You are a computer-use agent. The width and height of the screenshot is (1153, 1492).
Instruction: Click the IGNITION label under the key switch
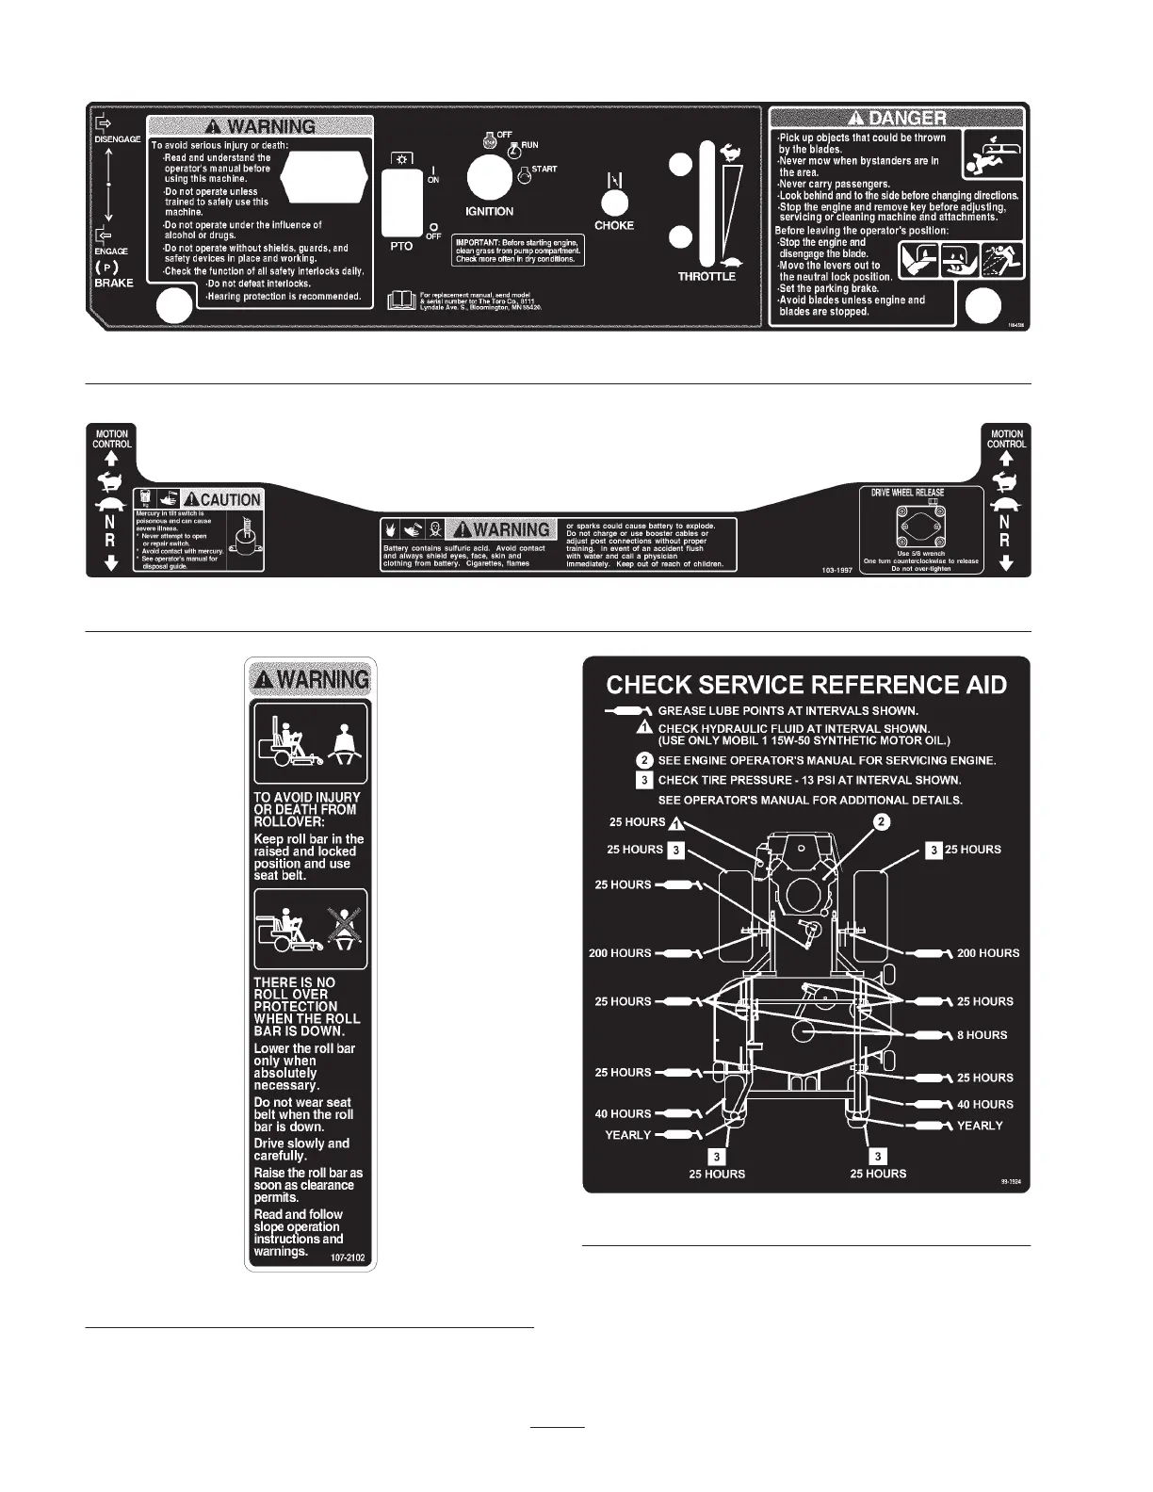coord(490,211)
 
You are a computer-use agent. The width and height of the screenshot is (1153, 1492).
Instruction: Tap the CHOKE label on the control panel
coord(614,226)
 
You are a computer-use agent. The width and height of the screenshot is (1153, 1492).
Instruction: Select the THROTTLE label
coord(706,277)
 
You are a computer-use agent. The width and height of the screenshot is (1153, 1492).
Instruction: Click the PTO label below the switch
coord(401,246)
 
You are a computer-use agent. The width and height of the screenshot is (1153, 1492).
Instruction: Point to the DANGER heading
coord(898,118)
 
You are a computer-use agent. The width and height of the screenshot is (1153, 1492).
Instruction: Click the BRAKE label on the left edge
coord(114,283)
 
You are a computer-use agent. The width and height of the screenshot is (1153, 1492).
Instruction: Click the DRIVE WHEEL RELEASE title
coord(907,493)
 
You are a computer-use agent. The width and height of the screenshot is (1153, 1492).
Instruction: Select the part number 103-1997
coord(836,571)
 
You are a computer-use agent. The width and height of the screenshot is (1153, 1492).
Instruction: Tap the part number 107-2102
coord(348,1257)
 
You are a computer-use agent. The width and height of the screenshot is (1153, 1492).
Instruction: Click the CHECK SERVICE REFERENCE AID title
coord(805,685)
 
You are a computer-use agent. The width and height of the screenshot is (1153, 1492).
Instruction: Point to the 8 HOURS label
coord(982,1035)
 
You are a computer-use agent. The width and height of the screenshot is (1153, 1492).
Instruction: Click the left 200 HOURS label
coord(620,953)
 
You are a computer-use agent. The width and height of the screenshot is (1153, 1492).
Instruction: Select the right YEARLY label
coord(980,1126)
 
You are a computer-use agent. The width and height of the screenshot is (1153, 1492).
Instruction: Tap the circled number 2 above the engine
coord(882,821)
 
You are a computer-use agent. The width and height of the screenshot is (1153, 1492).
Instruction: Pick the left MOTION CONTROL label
coord(112,439)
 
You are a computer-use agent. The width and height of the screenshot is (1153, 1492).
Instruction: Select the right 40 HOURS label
coord(984,1104)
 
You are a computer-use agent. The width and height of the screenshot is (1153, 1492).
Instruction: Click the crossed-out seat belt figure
coord(338,931)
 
